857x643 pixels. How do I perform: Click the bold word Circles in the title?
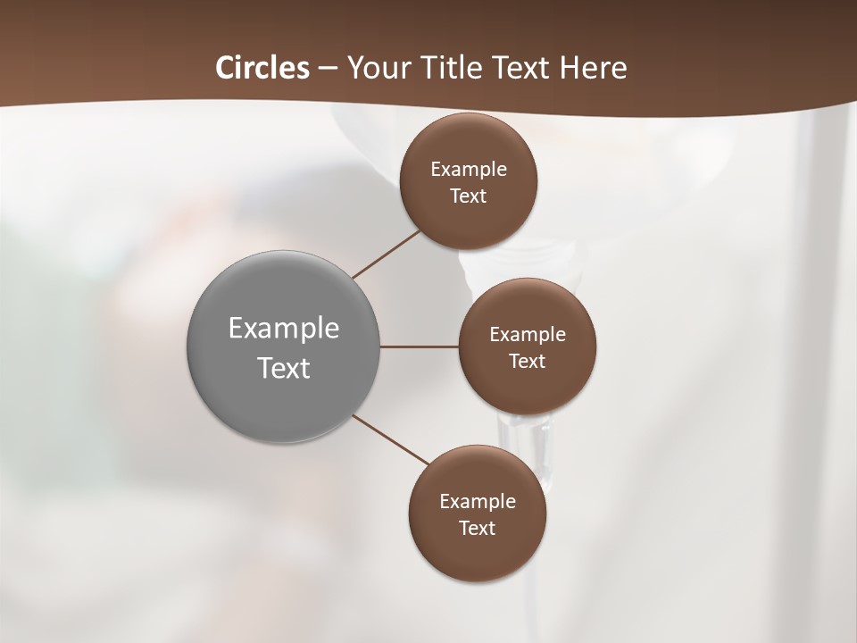pos(262,68)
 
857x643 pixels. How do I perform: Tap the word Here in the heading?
pos(593,68)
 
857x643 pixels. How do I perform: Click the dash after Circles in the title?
pos(328,69)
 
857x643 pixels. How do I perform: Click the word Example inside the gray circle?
pos(284,328)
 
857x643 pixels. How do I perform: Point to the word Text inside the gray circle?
pos(284,368)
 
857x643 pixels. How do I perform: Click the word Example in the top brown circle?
pos(469,169)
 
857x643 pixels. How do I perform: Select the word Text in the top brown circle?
pos(469,196)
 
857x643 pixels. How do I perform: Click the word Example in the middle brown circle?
pos(528,334)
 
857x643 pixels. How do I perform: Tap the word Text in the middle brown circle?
pos(528,361)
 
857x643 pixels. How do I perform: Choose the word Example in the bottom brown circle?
pos(478,501)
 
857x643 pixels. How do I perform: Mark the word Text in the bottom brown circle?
pos(478,528)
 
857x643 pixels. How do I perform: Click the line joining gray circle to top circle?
pos(387,254)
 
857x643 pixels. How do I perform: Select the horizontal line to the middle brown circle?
pos(420,346)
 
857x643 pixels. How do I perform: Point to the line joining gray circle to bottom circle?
pos(391,439)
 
